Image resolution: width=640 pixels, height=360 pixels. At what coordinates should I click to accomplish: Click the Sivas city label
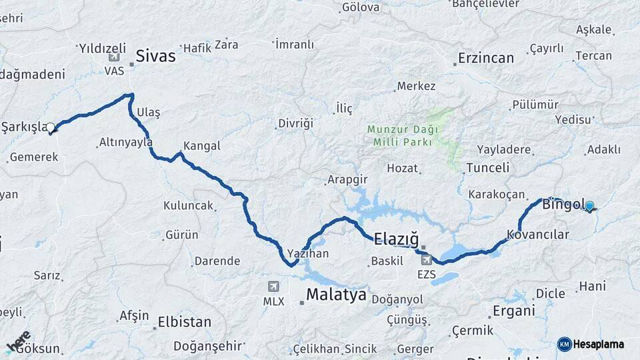pyautogui.click(x=155, y=56)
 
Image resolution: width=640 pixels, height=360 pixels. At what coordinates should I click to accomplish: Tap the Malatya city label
pyautogui.click(x=336, y=295)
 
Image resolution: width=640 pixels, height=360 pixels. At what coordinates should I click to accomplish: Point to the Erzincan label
pyautogui.click(x=486, y=58)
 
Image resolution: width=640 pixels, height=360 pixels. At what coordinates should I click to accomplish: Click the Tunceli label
pyautogui.click(x=487, y=167)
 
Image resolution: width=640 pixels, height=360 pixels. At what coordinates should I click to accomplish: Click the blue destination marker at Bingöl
pyautogui.click(x=589, y=207)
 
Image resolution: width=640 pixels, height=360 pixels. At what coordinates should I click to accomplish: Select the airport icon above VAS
pyautogui.click(x=111, y=57)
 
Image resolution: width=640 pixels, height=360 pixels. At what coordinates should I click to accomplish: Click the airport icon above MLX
pyautogui.click(x=273, y=287)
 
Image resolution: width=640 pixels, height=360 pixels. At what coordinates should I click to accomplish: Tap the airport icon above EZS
pyautogui.click(x=426, y=259)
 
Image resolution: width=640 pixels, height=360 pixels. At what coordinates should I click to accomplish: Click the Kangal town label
pyautogui.click(x=201, y=145)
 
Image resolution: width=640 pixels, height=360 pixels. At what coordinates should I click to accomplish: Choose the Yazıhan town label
pyautogui.click(x=308, y=254)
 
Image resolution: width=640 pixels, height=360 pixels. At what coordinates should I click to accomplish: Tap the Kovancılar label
pyautogui.click(x=537, y=235)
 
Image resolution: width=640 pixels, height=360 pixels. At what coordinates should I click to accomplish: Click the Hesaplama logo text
pyautogui.click(x=597, y=344)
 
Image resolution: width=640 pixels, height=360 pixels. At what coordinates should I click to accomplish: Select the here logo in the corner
pyautogui.click(x=19, y=341)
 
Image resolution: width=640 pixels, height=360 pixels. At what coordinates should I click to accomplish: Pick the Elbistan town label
pyautogui.click(x=184, y=322)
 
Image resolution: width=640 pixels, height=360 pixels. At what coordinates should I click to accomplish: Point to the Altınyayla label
pyautogui.click(x=125, y=142)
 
